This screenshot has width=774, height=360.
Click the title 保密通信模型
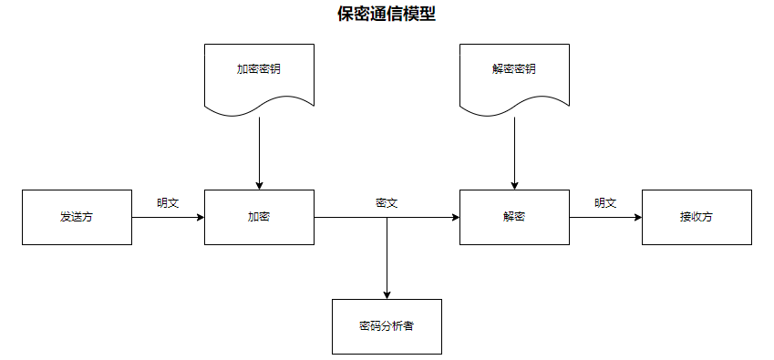[x=387, y=15]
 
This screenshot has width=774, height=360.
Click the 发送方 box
[x=77, y=217]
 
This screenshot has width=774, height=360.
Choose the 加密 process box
[x=259, y=217]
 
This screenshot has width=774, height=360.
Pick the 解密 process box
[x=514, y=217]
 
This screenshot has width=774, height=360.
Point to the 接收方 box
[x=697, y=217]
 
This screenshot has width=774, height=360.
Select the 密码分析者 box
[x=387, y=326]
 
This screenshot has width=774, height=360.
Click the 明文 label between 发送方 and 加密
[x=168, y=203]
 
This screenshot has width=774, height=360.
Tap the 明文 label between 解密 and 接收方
[x=605, y=203]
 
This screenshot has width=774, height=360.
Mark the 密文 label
[x=387, y=203]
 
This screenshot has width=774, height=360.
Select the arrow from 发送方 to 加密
[x=168, y=218]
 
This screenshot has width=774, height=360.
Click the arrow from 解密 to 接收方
[x=605, y=218]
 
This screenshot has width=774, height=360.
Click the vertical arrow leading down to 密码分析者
[x=387, y=260]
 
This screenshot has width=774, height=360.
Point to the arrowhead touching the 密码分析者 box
[x=387, y=294]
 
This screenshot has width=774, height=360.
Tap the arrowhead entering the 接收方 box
[x=637, y=218]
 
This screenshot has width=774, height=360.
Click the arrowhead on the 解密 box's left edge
[x=455, y=218]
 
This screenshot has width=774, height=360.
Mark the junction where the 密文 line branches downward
[x=387, y=218]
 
